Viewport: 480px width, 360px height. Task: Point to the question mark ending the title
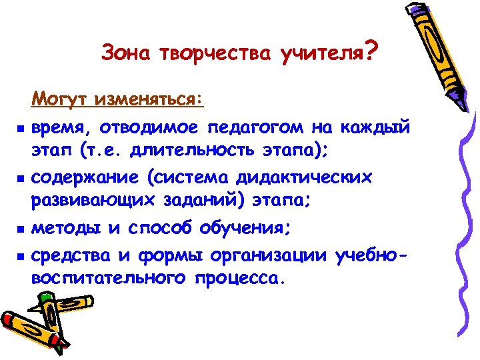click(371, 49)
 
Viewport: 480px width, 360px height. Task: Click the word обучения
click(247, 229)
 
